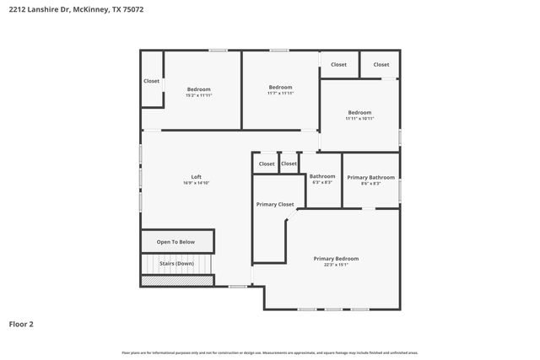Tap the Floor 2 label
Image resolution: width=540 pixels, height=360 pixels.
coord(21,324)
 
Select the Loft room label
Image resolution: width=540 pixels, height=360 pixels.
coord(196,177)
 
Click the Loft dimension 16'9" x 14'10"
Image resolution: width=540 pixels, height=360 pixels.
coord(196,183)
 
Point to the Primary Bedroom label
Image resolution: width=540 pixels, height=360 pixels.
coord(336,258)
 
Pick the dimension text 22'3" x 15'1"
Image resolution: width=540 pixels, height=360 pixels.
coord(336,265)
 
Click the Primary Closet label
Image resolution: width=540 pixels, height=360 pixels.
coord(275,204)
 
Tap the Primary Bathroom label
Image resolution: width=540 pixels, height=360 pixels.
coord(370,177)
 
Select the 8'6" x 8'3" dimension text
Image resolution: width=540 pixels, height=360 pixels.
coord(370,183)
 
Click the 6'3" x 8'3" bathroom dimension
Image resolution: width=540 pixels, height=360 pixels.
coord(322,182)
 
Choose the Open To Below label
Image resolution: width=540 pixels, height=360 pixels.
coord(175,242)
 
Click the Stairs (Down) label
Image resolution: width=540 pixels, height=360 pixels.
coord(175,263)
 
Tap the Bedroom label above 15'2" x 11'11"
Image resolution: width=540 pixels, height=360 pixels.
coord(198,89)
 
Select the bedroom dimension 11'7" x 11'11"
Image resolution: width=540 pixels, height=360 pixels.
coord(280,93)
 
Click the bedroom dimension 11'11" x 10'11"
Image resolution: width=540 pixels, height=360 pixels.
coord(359,119)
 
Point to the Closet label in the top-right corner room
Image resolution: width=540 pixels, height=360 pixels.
coord(381,64)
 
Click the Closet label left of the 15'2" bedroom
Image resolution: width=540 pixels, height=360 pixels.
coord(151,81)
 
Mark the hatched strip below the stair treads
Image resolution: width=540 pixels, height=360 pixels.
coord(177,280)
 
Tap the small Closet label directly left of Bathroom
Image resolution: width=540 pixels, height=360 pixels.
coord(289,164)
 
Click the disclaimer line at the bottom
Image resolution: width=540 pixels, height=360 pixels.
coord(270,352)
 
